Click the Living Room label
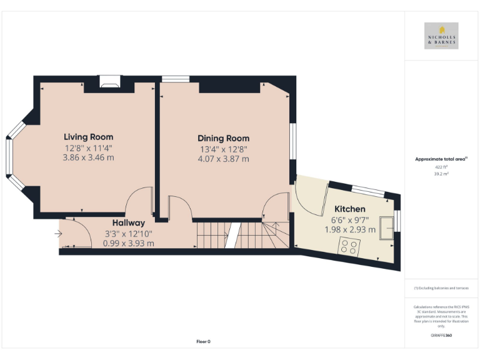88,137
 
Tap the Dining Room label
223,138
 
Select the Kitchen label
349,209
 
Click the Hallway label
128,223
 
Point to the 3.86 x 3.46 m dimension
88,157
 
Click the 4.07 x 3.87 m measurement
223,159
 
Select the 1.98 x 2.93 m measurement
350,229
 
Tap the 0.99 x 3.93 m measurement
128,243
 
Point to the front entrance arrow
58,234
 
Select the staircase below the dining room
241,236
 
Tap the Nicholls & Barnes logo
441,36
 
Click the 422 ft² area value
441,167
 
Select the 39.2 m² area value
441,174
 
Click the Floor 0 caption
203,341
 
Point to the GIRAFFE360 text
441,336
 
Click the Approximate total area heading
441,159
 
